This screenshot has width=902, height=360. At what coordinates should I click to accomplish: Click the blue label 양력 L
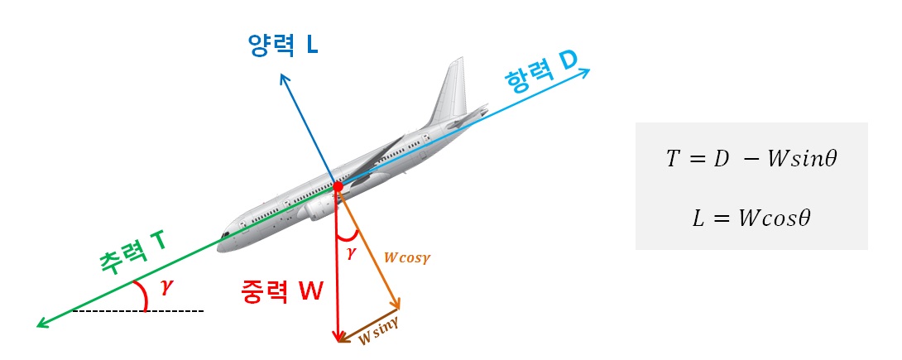(x=282, y=45)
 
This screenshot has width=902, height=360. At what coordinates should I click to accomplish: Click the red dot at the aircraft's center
(x=337, y=188)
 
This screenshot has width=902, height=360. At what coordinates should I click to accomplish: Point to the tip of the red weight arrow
(x=338, y=338)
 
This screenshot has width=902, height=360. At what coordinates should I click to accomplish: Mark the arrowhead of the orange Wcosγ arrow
(x=398, y=305)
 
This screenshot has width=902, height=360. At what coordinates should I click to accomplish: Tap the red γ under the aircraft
(x=350, y=253)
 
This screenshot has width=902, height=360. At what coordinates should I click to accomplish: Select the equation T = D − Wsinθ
(x=751, y=159)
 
